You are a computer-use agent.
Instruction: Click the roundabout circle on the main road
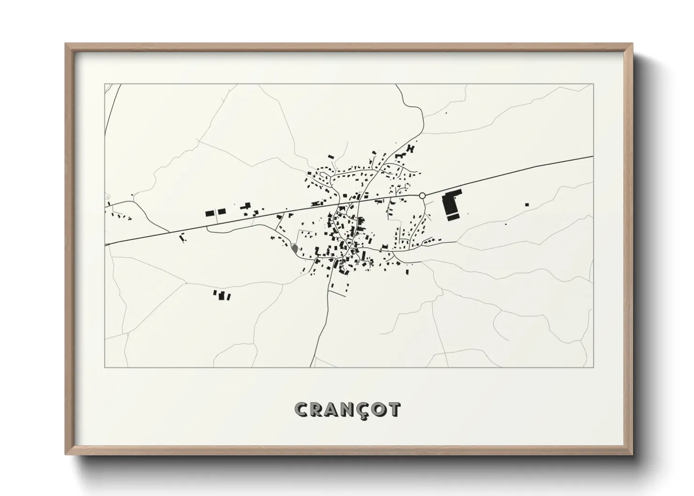(x=422, y=195)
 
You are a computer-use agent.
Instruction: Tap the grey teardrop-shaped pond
(x=294, y=248)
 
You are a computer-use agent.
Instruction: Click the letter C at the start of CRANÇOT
(x=301, y=409)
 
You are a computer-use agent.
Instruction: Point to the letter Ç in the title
(x=361, y=410)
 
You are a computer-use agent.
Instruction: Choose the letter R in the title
(x=316, y=409)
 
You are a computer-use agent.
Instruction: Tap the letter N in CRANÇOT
(x=346, y=409)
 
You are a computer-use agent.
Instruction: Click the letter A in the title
(x=331, y=409)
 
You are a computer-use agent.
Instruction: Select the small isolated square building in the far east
(x=527, y=204)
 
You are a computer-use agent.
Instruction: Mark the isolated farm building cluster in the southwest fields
(x=222, y=295)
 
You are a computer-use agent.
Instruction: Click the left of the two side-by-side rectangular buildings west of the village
(x=210, y=213)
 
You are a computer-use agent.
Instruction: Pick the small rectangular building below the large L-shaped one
(x=453, y=218)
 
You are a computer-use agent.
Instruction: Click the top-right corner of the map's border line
(x=593, y=84)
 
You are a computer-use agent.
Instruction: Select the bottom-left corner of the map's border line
(x=105, y=367)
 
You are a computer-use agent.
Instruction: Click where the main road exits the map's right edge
(x=593, y=157)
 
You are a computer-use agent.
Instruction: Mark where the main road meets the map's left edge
(x=106, y=244)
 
